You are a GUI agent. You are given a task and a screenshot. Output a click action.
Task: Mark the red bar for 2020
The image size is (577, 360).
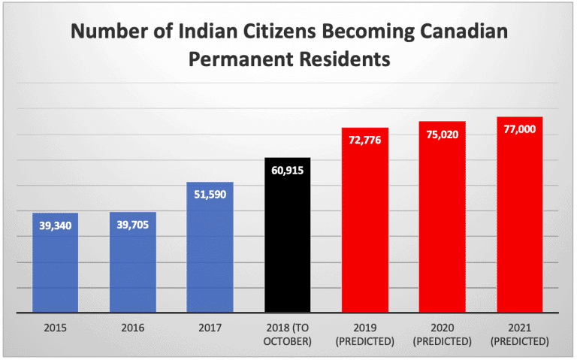tap(443, 225)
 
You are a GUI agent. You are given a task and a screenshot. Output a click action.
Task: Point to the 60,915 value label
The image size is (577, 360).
tap(287, 171)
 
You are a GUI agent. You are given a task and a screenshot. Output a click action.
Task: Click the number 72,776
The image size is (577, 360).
tap(365, 140)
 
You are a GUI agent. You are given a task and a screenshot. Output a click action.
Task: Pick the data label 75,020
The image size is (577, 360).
tap(443, 135)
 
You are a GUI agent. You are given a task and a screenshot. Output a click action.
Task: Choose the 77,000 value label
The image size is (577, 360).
tap(520, 129)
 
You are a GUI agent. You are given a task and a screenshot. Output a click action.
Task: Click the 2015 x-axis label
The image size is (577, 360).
tap(55, 328)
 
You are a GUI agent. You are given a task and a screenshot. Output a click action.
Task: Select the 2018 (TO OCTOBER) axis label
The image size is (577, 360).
tap(287, 334)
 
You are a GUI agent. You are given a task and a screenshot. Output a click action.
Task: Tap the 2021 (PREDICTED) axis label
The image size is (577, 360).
tap(520, 334)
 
